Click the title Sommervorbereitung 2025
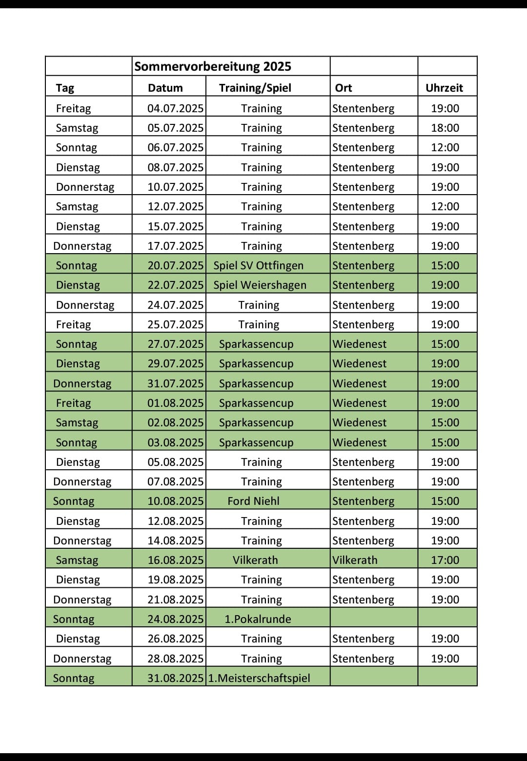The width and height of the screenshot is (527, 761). click(x=212, y=66)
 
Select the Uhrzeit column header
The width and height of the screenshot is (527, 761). click(x=444, y=88)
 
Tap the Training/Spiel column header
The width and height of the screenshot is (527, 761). click(x=255, y=88)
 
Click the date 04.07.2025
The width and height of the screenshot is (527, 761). click(x=175, y=108)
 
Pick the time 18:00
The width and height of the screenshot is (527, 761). click(x=445, y=128)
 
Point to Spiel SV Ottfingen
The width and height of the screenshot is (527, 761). click(x=258, y=265)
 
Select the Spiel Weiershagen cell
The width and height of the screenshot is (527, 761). click(x=260, y=285)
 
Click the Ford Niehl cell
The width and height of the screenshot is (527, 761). click(x=253, y=501)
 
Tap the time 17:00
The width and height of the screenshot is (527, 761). click(x=445, y=560)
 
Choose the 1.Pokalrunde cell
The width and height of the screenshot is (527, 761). click(x=258, y=619)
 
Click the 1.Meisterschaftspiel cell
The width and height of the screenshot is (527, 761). click(x=259, y=678)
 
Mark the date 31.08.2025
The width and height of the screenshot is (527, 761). click(x=175, y=678)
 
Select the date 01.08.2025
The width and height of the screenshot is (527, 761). click(x=175, y=403)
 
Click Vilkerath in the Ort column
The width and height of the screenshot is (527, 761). click(x=355, y=560)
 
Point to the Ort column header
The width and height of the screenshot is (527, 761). click(x=343, y=88)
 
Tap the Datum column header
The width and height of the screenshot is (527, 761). click(x=165, y=88)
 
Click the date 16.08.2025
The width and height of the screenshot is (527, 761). click(x=175, y=560)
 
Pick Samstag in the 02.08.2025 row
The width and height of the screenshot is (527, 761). click(x=77, y=422)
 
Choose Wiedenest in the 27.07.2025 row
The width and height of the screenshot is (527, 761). click(x=359, y=344)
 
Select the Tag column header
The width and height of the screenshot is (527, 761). click(x=65, y=88)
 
